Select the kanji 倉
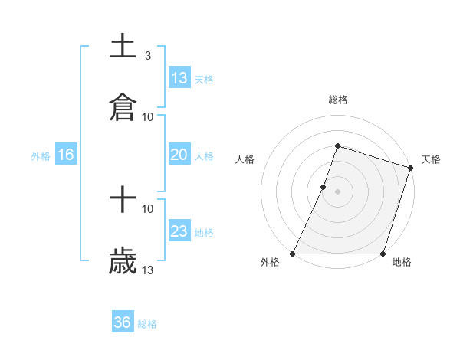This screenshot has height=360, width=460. click(123, 108)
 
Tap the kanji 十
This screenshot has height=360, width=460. click(123, 200)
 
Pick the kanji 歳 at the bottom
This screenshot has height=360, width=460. click(123, 261)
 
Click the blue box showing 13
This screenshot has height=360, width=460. click(179, 78)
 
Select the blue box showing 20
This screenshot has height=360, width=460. click(179, 155)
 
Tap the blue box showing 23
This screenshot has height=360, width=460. click(179, 231)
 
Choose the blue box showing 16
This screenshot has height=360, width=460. click(66, 155)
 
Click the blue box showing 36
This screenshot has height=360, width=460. click(123, 322)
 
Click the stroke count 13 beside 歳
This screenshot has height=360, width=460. click(148, 270)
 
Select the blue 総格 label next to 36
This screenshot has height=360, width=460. click(147, 324)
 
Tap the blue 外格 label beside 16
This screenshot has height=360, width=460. click(41, 156)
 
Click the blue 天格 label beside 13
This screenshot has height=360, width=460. click(204, 80)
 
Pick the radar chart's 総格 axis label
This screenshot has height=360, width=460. click(337, 100)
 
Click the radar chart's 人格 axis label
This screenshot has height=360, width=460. click(245, 159)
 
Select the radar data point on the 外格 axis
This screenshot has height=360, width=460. click(293, 254)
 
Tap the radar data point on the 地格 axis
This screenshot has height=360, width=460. click(383, 254)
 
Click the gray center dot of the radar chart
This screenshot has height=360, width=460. click(337, 191)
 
